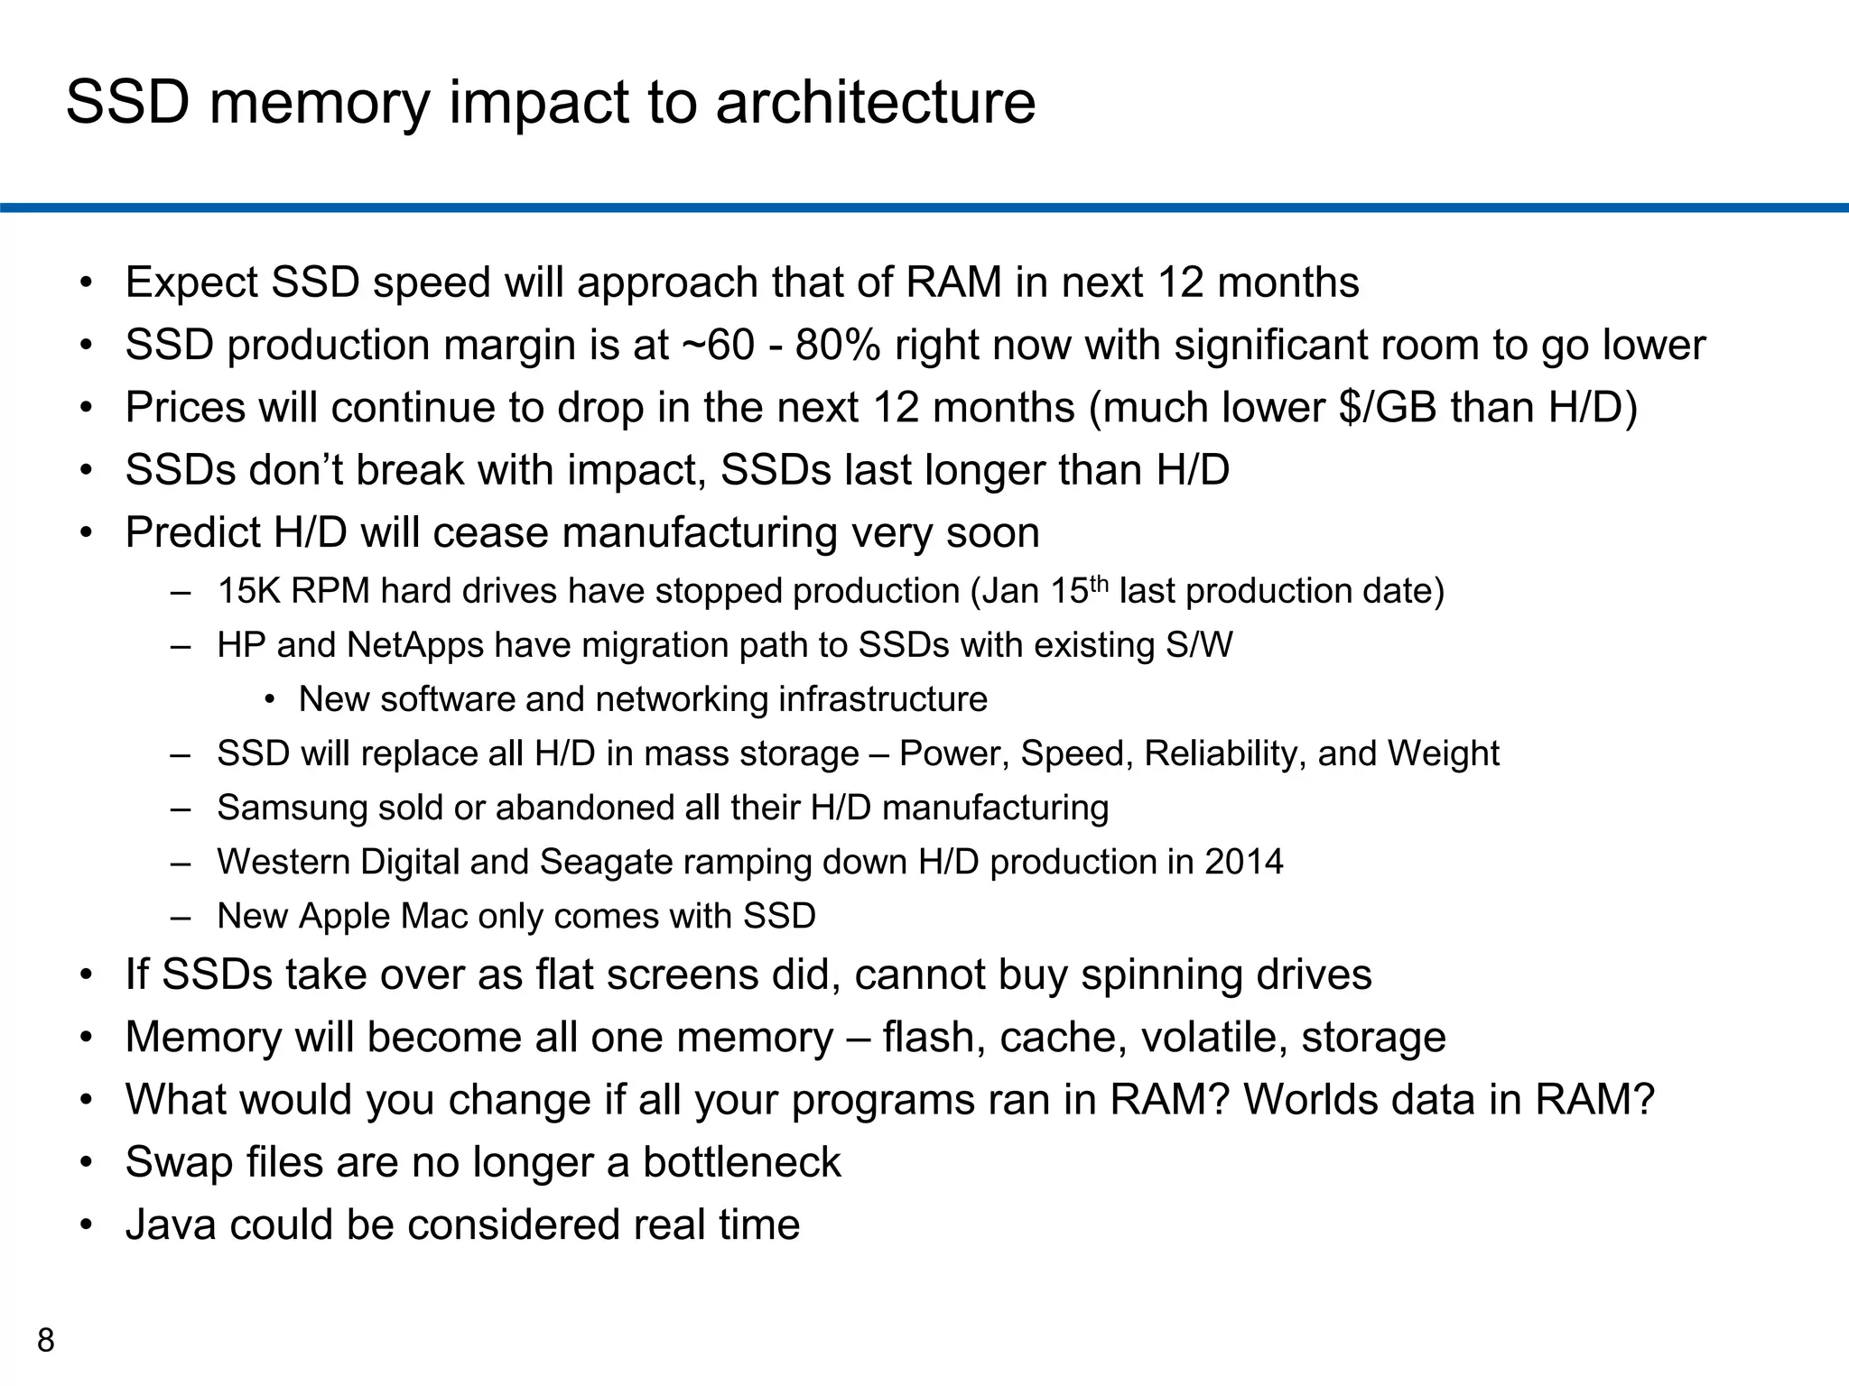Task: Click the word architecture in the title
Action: click(x=876, y=103)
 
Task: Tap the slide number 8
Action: click(x=45, y=1341)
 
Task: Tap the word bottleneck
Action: click(x=741, y=1162)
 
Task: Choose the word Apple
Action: click(x=343, y=917)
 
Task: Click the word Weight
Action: click(x=1443, y=753)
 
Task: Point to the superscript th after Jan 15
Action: click(x=1099, y=582)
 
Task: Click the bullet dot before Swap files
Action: click(x=86, y=1162)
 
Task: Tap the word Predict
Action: click(x=192, y=532)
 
